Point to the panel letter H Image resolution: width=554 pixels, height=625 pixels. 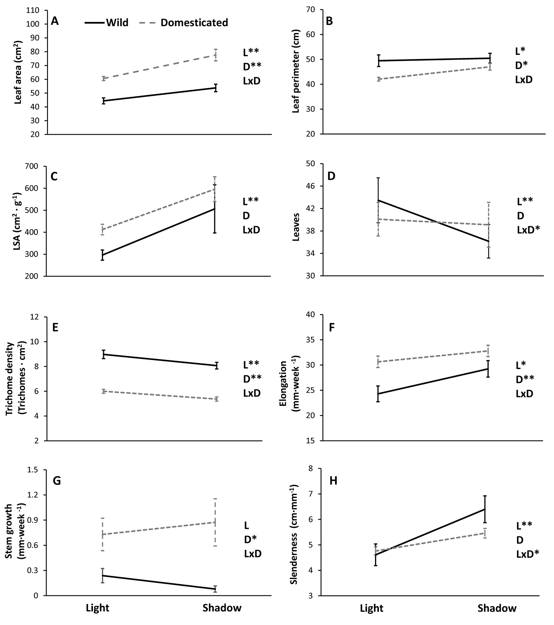(333, 481)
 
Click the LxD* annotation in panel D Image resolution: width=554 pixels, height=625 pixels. (528, 230)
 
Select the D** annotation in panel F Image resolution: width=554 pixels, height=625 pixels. (524, 379)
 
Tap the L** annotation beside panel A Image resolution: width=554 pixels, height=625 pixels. (251, 52)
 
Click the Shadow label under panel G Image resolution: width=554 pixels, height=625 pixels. (222, 608)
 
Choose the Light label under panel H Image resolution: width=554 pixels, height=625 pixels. (372, 608)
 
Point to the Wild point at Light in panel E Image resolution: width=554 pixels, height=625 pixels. (103, 354)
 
